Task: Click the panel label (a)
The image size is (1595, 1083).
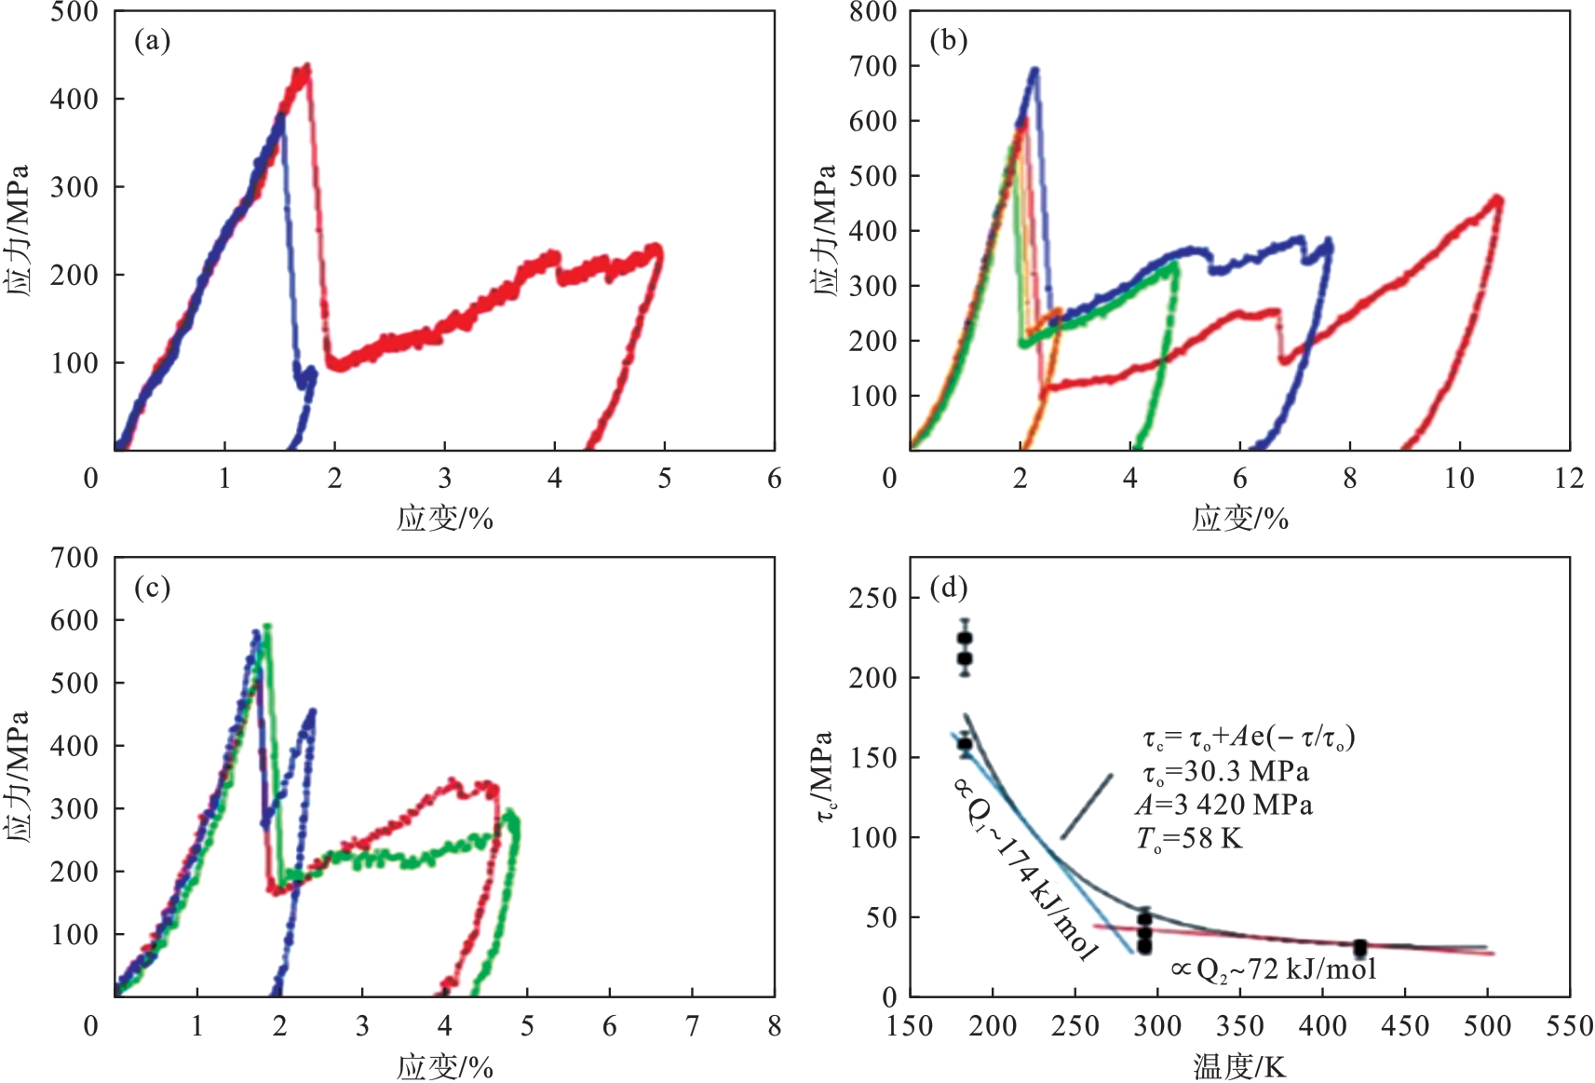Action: (152, 41)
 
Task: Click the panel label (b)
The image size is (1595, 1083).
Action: (948, 41)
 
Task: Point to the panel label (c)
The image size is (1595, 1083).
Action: (152, 589)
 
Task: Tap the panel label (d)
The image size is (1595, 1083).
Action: (948, 589)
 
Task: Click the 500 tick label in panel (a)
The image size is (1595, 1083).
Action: (74, 13)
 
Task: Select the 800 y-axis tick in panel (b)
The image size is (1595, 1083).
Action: (872, 13)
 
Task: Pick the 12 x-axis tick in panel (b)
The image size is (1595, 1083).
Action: (1569, 479)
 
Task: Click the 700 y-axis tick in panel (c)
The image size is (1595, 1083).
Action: (74, 559)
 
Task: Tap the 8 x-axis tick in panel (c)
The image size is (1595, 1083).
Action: (774, 1026)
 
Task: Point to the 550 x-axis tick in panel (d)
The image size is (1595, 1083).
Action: (1569, 1026)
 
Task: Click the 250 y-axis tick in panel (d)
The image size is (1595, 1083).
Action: (872, 599)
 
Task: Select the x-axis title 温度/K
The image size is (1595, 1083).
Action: (1239, 1066)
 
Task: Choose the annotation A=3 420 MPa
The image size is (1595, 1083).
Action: (1223, 805)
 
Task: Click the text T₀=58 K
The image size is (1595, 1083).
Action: (1189, 839)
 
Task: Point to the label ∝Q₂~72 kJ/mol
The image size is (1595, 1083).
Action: (1273, 969)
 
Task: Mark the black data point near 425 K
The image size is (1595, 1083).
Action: (1360, 948)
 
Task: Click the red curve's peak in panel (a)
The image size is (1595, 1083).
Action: (305, 68)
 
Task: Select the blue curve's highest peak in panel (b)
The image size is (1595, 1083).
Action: (1034, 70)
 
